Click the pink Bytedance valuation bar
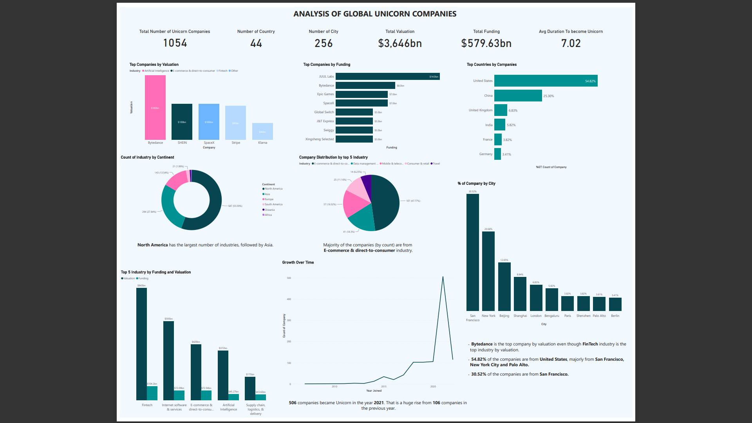tap(155, 107)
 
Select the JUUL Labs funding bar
tap(387, 76)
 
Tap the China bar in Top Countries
tap(518, 96)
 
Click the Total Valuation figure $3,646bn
tap(400, 43)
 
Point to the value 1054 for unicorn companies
tap(175, 43)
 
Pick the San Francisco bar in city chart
tap(472, 252)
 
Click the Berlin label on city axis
tap(615, 316)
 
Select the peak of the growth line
tap(443, 277)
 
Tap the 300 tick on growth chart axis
tap(289, 320)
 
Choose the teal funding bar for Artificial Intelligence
tap(234, 397)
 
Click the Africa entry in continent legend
tap(268, 215)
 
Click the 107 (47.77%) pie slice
tap(386, 202)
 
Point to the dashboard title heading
tap(375, 14)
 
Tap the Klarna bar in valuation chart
tap(262, 132)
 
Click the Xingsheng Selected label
tap(319, 139)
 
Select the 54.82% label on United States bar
tap(590, 81)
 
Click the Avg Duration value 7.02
tap(571, 43)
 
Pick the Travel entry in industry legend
tap(436, 164)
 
